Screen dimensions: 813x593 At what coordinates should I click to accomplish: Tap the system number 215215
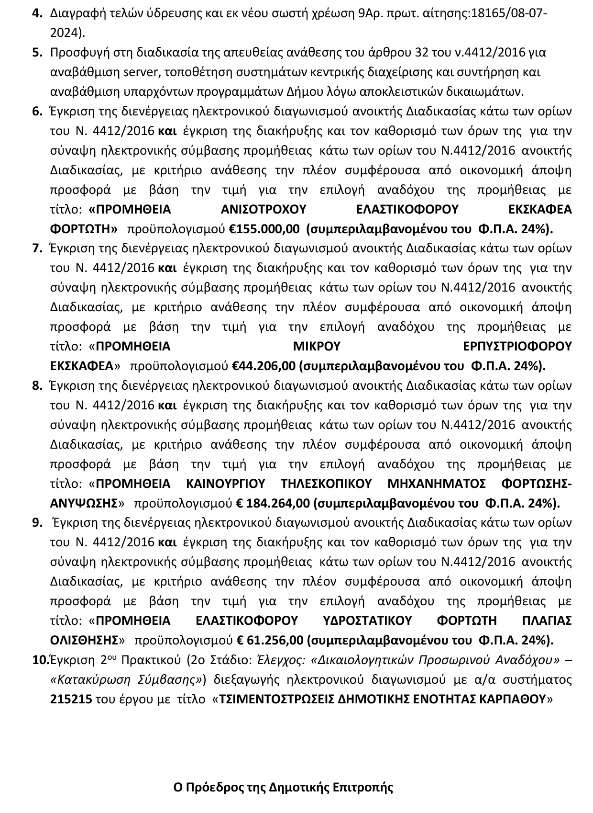(71, 699)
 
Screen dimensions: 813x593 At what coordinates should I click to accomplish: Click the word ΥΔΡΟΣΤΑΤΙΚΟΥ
(367, 621)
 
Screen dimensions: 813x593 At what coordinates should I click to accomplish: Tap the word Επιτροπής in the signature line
(368, 787)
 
